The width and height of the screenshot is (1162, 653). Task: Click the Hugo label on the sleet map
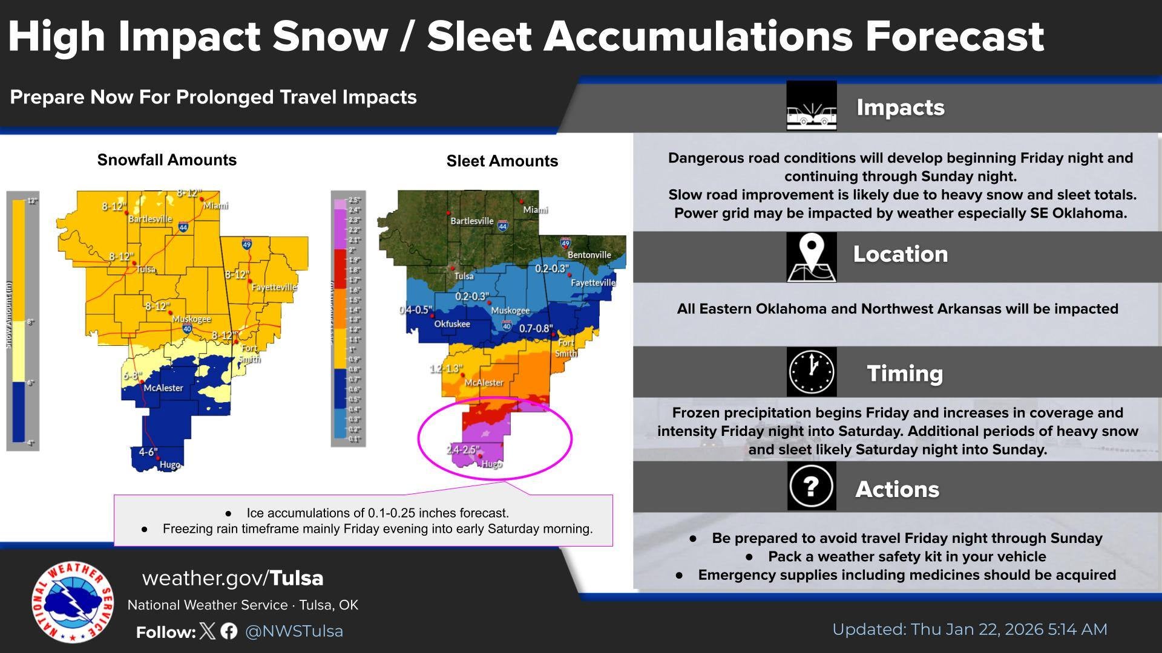coord(491,464)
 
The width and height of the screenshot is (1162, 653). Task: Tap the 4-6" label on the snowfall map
coord(148,452)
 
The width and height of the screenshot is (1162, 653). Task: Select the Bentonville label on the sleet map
coord(589,255)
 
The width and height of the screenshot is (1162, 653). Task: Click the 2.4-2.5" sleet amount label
coord(464,450)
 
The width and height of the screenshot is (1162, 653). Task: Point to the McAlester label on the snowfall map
coord(163,388)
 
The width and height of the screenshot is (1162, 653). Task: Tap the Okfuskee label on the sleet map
coord(452,323)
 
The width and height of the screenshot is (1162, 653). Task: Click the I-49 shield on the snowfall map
coord(247,245)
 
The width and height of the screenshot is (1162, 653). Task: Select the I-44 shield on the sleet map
coord(502,226)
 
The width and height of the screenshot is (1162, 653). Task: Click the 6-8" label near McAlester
coord(133,375)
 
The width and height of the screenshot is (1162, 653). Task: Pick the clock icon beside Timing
coord(811,372)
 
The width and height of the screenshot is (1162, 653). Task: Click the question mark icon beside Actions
coord(811,486)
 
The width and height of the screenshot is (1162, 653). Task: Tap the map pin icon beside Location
coord(811,256)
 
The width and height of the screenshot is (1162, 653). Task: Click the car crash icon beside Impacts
coord(811,107)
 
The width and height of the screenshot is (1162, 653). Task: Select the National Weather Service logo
coord(72,602)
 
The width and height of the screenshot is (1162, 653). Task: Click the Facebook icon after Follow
coord(229,631)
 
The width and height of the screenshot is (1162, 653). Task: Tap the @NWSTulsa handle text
coord(294,631)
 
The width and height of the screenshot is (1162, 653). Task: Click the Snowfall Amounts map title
coord(167,160)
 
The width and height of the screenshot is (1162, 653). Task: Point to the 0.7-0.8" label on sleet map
coord(536,329)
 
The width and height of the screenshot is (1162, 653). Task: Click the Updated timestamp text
coord(970,629)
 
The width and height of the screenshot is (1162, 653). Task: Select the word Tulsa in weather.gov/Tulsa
coord(297,578)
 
